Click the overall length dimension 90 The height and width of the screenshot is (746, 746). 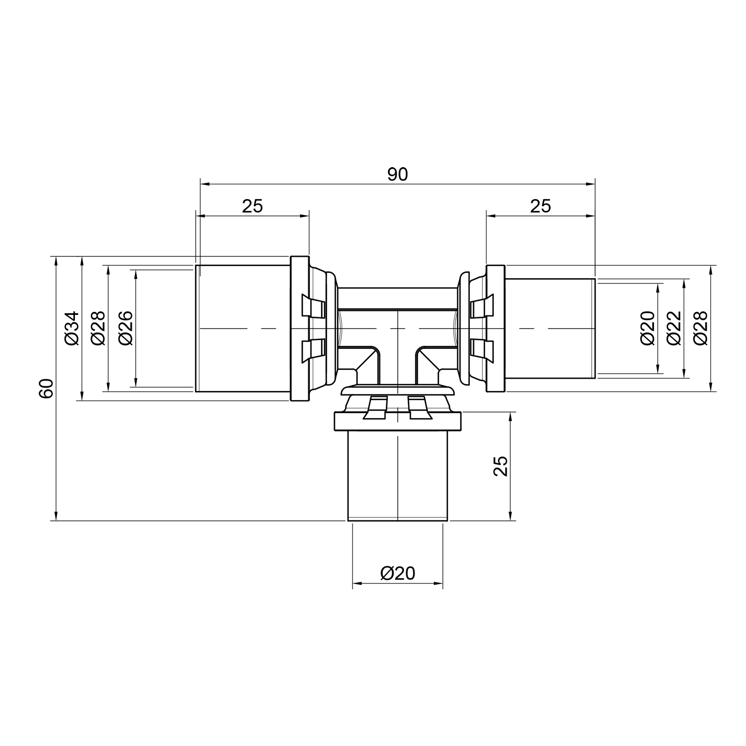pos(397,175)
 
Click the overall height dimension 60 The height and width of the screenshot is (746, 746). pos(46,388)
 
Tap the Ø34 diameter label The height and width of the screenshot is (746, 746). pos(72,328)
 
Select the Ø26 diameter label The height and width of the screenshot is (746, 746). pos(126,328)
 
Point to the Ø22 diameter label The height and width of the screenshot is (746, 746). pos(674,328)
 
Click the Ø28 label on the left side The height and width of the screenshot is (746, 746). pos(98,328)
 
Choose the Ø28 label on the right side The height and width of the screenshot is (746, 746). pos(700,328)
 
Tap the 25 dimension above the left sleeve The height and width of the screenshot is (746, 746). pos(253,206)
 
